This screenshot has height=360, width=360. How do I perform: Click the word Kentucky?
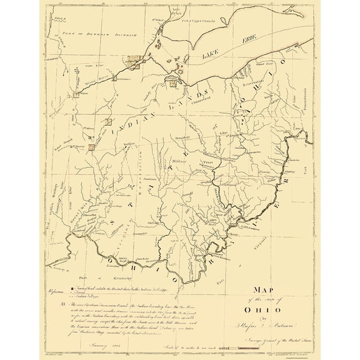pos(124,276)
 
